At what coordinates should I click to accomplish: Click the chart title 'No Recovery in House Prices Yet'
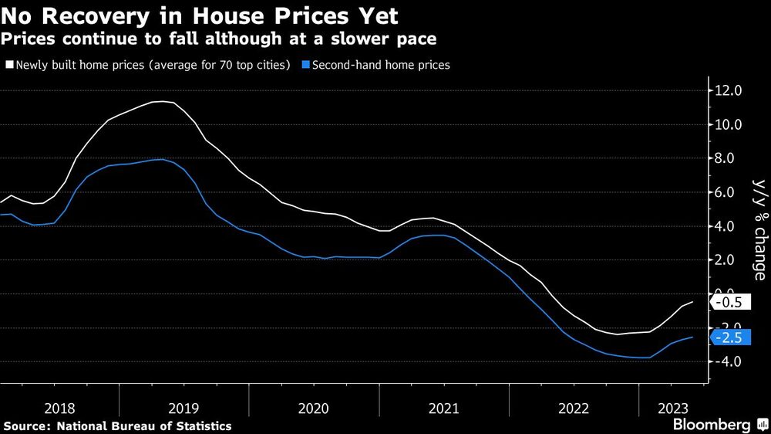pyautogui.click(x=200, y=15)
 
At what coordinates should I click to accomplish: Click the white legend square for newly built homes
pyautogui.click(x=9, y=66)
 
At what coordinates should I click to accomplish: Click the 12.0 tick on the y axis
pyautogui.click(x=729, y=91)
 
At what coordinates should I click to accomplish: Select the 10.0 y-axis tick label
pyautogui.click(x=729, y=125)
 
